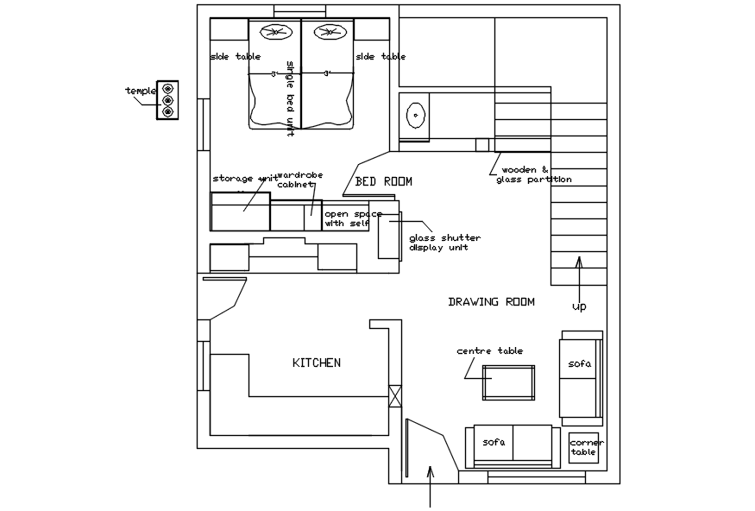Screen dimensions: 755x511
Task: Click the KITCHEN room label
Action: point(317,363)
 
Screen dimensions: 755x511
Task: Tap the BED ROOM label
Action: point(384,182)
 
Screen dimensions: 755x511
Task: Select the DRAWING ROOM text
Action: point(491,302)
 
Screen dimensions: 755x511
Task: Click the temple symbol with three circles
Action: point(167,100)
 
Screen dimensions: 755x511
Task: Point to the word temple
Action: point(141,91)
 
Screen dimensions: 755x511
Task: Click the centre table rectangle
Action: point(508,382)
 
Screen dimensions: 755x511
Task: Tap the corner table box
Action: point(584,448)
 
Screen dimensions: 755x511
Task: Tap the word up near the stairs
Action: point(579,306)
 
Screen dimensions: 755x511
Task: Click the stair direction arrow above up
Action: point(579,269)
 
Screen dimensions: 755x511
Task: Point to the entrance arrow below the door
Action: point(431,486)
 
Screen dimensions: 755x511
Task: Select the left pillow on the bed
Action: point(275,34)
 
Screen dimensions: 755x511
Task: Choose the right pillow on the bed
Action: point(328,34)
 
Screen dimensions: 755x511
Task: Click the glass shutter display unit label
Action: point(444,243)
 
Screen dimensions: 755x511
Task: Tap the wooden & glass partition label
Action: point(533,175)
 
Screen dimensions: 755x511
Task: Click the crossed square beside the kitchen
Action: point(395,396)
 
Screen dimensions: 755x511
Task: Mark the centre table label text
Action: point(489,351)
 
